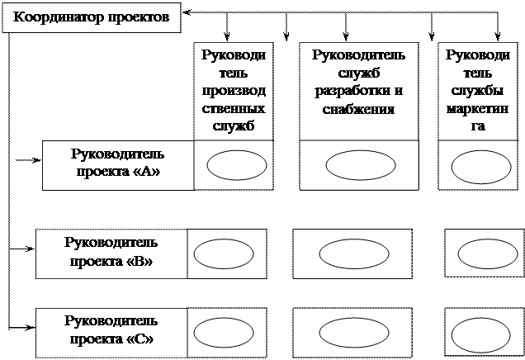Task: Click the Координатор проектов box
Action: [x=92, y=17]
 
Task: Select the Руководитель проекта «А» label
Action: [x=118, y=163]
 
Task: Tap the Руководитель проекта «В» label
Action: [x=111, y=252]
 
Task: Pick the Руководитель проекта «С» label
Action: [x=111, y=330]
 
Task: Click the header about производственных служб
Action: [x=234, y=91]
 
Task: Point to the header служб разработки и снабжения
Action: [x=358, y=82]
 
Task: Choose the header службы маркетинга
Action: [x=478, y=91]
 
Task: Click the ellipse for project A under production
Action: [x=237, y=165]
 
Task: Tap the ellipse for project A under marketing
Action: [x=481, y=167]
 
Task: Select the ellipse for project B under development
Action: [x=354, y=253]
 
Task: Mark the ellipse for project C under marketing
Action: [x=480, y=335]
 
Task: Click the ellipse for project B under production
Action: [x=224, y=253]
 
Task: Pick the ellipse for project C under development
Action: [x=354, y=333]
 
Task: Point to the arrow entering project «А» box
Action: [x=28, y=160]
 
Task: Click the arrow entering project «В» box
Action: [x=21, y=249]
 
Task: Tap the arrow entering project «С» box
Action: [x=21, y=327]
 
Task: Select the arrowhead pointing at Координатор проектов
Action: [x=187, y=12]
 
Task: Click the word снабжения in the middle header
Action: [x=358, y=109]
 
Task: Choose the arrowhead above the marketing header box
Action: [x=498, y=37]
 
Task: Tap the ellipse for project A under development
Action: [x=361, y=165]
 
